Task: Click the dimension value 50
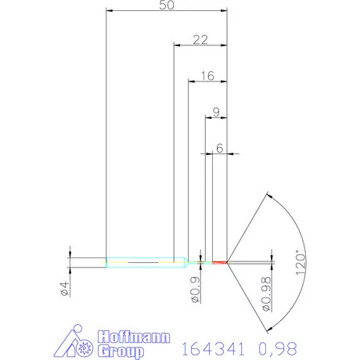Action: point(166,5)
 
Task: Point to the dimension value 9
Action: point(216,111)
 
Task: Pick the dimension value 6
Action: point(220,146)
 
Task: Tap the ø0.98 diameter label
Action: point(266,293)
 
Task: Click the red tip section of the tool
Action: point(220,261)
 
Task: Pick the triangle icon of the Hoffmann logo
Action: point(74,344)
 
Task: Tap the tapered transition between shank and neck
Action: point(182,261)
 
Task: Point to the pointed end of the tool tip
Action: point(229,261)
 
